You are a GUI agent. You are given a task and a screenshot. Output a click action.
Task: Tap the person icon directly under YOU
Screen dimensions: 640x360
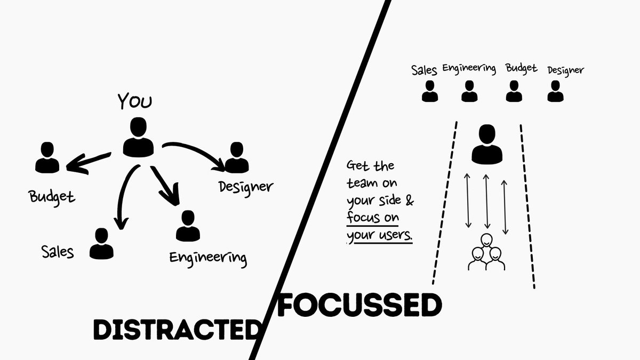click(138, 137)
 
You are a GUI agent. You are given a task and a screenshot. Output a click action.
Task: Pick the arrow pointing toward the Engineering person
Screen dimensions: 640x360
click(165, 187)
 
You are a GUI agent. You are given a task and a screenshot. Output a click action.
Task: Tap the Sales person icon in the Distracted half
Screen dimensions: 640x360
click(101, 244)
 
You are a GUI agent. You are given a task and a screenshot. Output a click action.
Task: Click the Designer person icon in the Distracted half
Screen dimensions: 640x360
click(236, 158)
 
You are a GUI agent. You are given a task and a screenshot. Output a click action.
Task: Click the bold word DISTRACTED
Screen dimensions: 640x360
click(175, 329)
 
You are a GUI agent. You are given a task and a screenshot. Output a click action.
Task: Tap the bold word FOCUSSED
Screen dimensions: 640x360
click(361, 306)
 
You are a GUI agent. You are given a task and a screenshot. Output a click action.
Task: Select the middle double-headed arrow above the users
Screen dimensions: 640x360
click(486, 201)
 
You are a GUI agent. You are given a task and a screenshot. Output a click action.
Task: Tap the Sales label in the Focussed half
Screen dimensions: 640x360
click(425, 70)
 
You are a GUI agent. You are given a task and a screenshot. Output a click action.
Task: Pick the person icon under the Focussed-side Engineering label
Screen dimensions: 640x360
click(469, 91)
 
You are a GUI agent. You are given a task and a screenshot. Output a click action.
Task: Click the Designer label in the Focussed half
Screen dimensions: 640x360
click(565, 70)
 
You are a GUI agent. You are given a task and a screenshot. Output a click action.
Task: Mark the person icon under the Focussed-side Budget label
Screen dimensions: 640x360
click(514, 91)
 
